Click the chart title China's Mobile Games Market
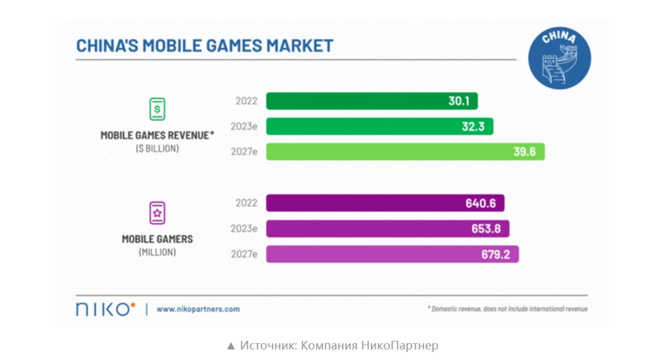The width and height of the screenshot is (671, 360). tap(204, 46)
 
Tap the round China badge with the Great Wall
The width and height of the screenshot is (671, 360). tap(559, 58)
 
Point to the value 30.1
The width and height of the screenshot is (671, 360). tap(459, 101)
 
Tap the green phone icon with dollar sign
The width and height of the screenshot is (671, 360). tap(157, 109)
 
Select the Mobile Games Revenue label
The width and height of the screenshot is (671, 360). tap(157, 135)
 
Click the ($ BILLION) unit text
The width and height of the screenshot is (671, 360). tap(157, 149)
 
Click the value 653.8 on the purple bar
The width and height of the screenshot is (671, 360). tap(486, 229)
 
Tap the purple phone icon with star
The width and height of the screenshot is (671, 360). tap(157, 213)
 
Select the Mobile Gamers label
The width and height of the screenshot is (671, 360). tap(157, 239)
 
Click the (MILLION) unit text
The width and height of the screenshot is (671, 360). tap(157, 252)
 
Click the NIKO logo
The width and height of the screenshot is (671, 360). tap(103, 309)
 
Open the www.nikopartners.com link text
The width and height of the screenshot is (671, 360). tap(198, 309)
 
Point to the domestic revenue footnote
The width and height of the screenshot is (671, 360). tap(507, 309)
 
